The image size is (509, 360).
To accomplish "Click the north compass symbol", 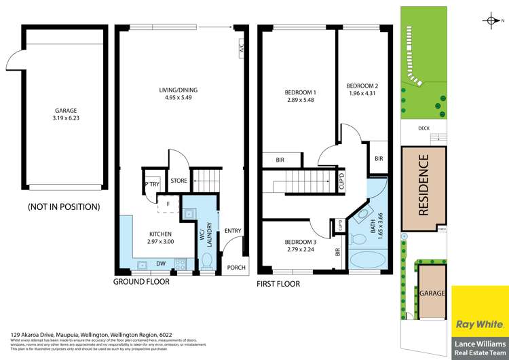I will [492, 21].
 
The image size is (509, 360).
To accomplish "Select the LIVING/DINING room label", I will [178, 94].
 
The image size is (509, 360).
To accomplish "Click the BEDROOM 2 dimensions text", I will [362, 93].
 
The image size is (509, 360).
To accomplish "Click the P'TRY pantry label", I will [151, 184].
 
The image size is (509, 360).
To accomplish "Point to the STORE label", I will [179, 181].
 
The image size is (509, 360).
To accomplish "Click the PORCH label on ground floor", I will [235, 267].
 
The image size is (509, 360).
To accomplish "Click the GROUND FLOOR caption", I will [141, 282].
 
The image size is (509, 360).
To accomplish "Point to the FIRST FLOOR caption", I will [278, 283].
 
